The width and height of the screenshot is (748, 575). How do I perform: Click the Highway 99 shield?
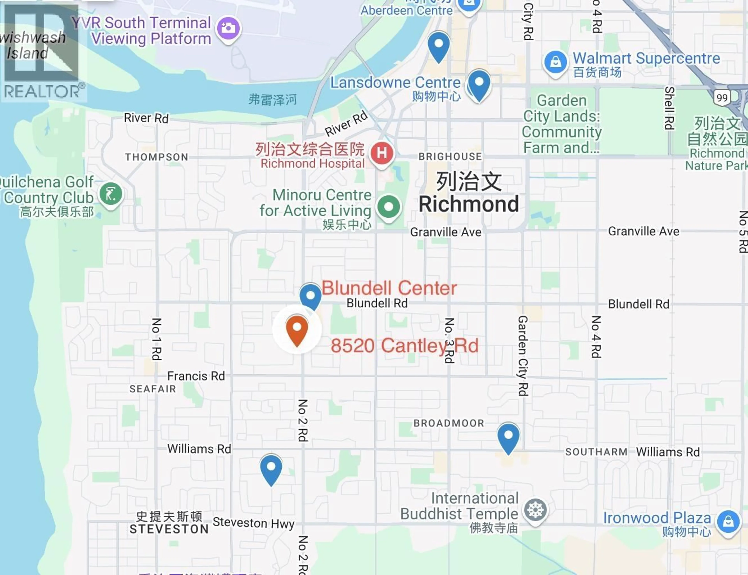[722, 98]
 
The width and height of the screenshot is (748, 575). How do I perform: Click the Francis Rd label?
[196, 376]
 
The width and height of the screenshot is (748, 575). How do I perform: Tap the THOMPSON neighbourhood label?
[156, 157]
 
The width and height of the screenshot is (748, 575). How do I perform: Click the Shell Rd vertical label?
[669, 108]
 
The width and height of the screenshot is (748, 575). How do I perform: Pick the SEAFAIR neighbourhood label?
[153, 389]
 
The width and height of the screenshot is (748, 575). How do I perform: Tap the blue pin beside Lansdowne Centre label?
[479, 84]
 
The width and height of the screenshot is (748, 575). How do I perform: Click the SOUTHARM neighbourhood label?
[596, 452]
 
